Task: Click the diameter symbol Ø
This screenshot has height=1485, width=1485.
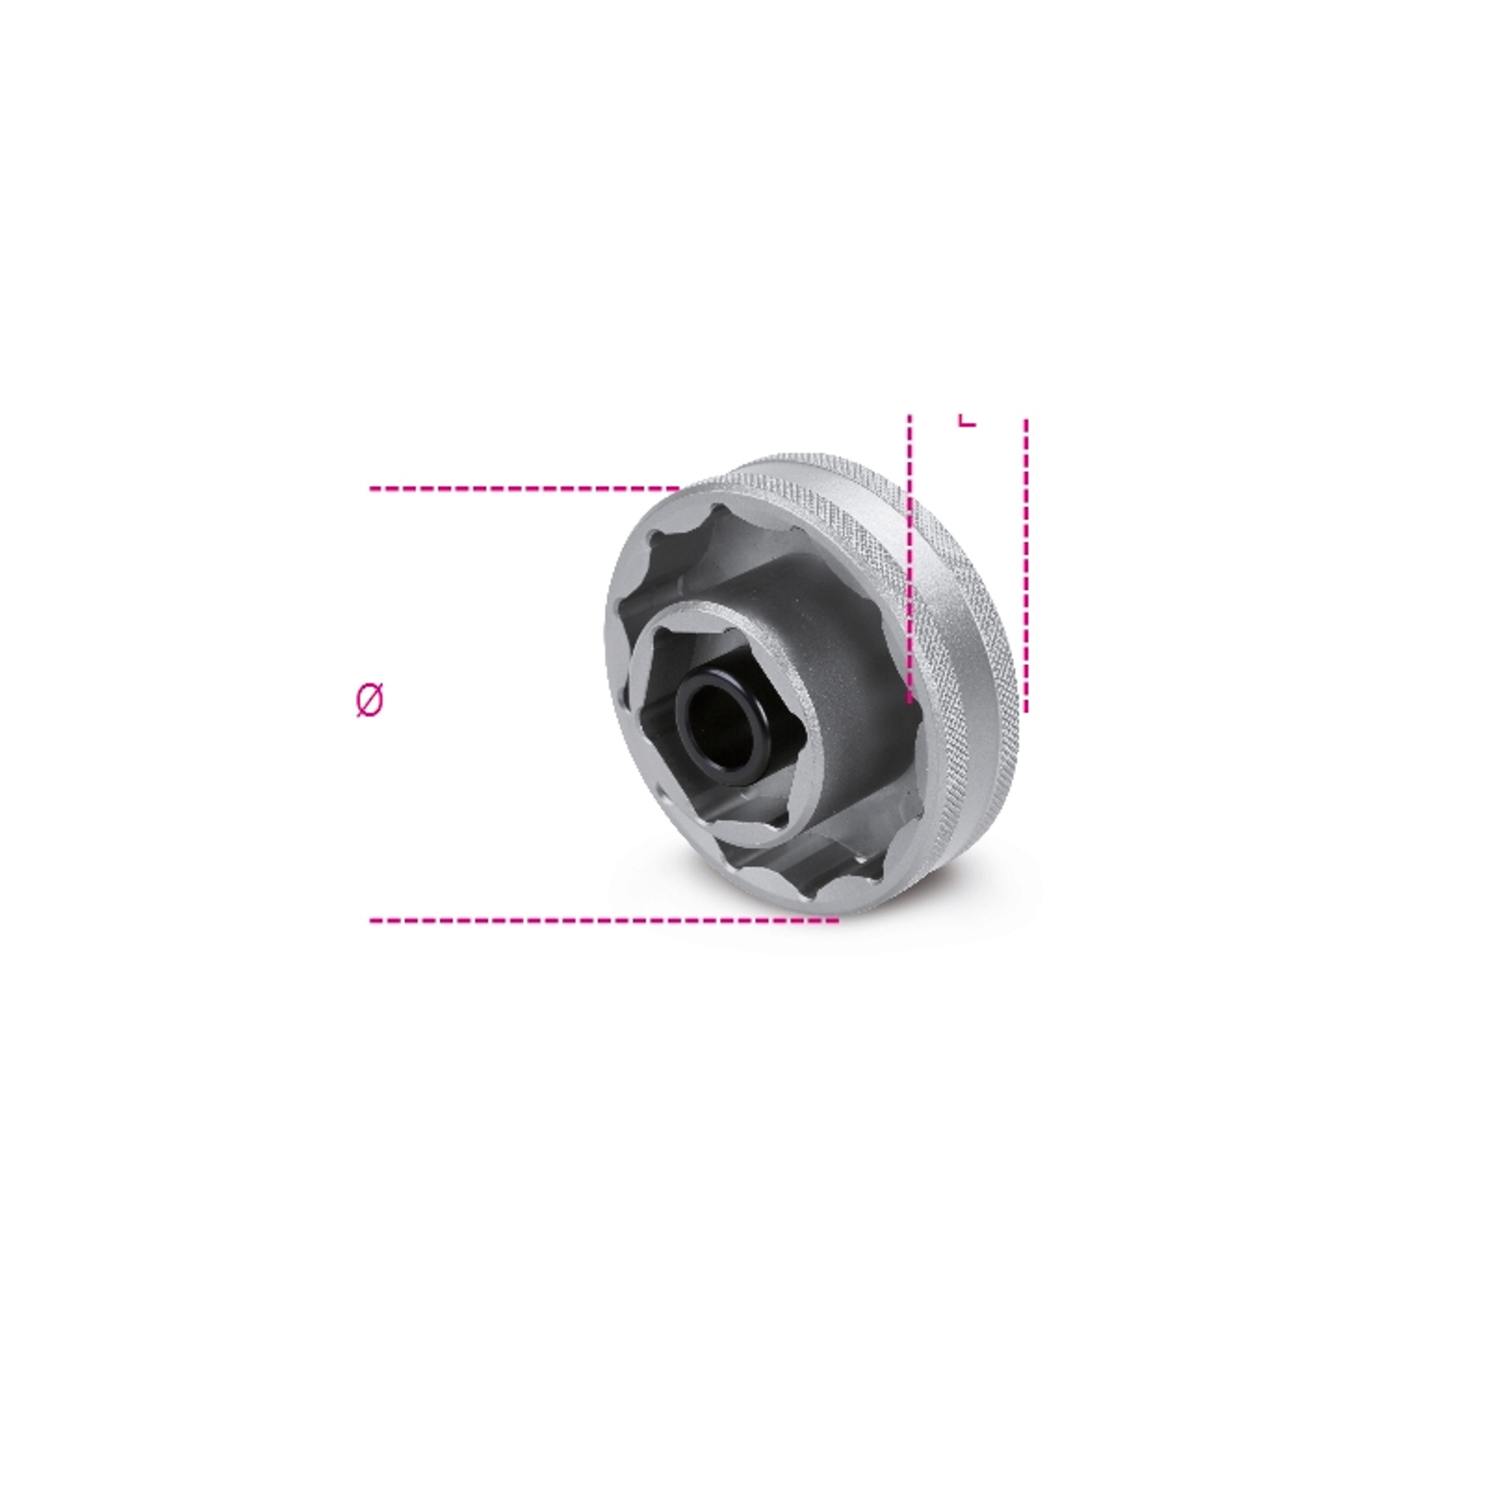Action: tap(370, 701)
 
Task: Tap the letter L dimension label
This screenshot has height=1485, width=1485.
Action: tap(967, 419)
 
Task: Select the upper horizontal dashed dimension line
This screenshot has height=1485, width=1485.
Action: tap(524, 489)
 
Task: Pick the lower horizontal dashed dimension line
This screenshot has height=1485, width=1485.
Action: tap(604, 920)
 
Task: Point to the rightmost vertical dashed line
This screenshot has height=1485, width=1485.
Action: tap(1026, 565)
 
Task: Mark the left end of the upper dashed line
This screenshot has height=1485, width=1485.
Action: tap(370, 489)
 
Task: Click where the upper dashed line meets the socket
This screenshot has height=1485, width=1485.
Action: tap(679, 489)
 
